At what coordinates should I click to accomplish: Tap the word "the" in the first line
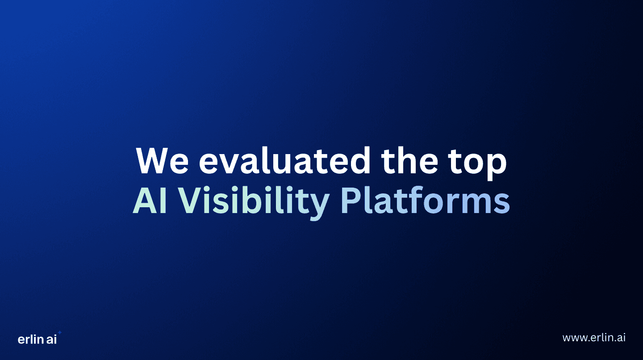point(410,161)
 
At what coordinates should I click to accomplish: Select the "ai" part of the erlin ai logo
point(51,339)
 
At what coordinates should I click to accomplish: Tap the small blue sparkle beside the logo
point(60,333)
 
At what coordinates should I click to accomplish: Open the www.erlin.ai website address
point(594,338)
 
